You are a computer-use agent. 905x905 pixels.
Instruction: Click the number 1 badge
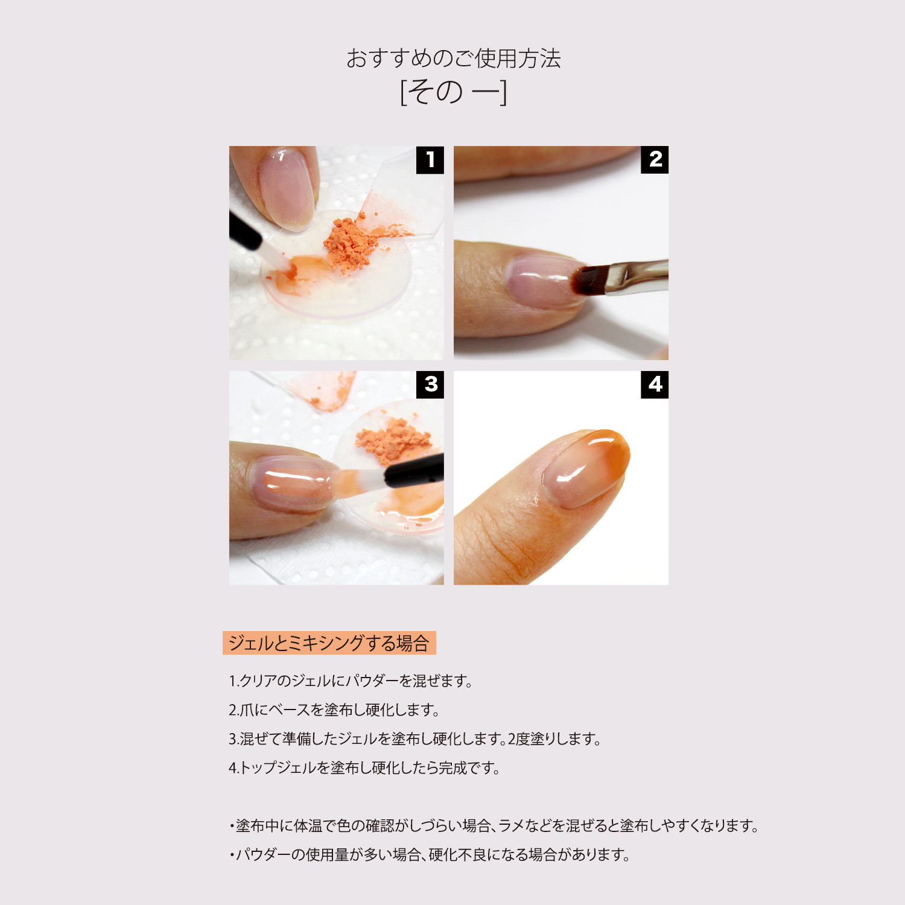tap(430, 160)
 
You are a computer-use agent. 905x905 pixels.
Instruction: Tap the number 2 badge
tap(655, 160)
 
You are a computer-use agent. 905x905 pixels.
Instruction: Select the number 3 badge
tap(430, 384)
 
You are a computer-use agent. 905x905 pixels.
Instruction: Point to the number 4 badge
tap(655, 384)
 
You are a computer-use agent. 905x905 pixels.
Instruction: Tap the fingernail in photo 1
tap(287, 188)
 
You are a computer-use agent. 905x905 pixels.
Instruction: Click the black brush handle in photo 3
tap(415, 471)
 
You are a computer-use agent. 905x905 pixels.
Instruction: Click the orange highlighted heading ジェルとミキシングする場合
tap(329, 643)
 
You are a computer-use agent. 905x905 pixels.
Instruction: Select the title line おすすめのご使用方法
tap(454, 59)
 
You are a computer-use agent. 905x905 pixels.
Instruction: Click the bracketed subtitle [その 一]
tap(454, 92)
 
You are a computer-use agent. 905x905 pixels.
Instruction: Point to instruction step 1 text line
tap(351, 681)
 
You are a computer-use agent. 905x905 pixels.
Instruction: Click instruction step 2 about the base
tap(334, 710)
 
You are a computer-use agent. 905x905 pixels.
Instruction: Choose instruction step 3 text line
tap(415, 739)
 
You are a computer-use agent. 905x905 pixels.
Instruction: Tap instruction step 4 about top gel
tap(364, 768)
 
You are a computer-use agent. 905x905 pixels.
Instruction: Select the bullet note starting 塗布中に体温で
tap(494, 826)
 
